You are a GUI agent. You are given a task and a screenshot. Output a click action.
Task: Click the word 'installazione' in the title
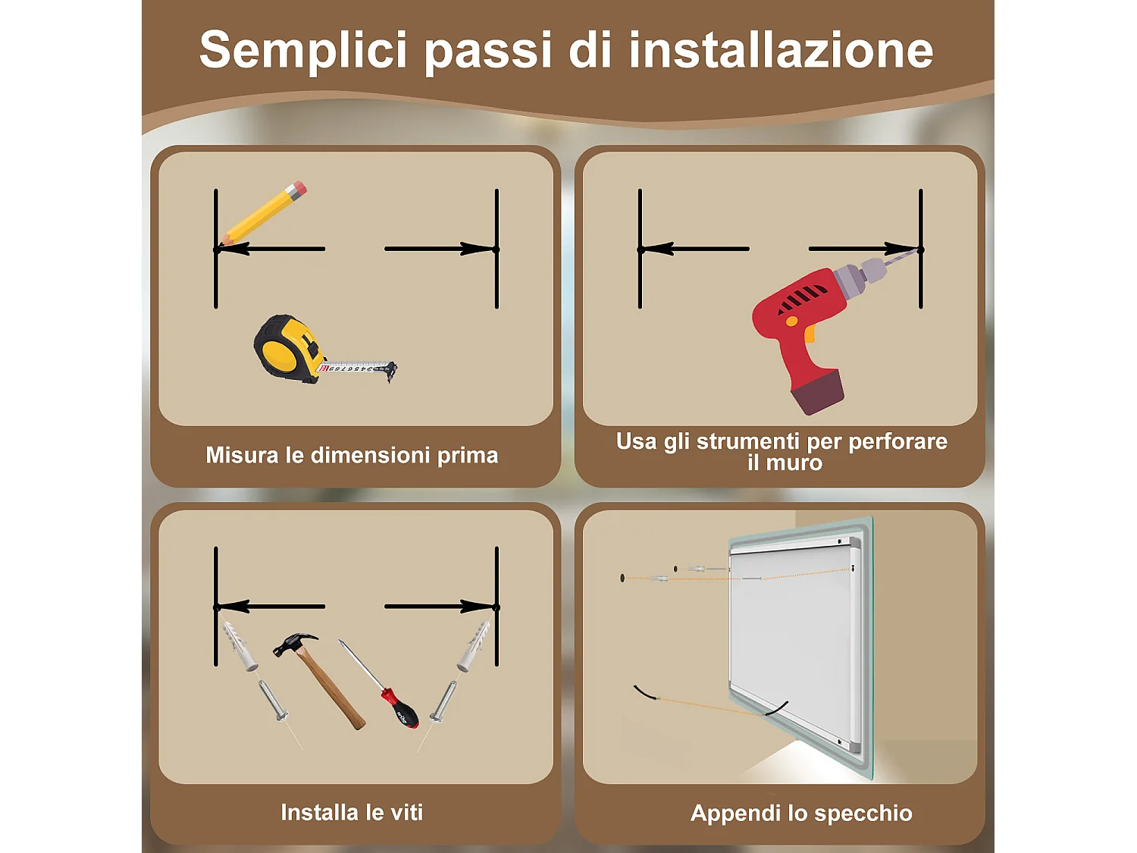point(781,50)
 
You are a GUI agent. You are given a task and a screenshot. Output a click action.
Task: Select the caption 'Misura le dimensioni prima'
point(352,455)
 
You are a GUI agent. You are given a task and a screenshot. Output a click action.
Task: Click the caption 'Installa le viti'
point(352,812)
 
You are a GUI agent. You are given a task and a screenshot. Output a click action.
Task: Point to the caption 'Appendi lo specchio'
point(801,813)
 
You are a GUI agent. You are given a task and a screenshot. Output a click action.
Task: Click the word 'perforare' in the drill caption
point(897,441)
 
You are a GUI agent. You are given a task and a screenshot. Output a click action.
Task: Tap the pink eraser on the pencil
point(297,189)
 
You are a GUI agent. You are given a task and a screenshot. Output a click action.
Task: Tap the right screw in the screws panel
point(443,702)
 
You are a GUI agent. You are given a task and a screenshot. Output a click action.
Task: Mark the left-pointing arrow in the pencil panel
point(273,249)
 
